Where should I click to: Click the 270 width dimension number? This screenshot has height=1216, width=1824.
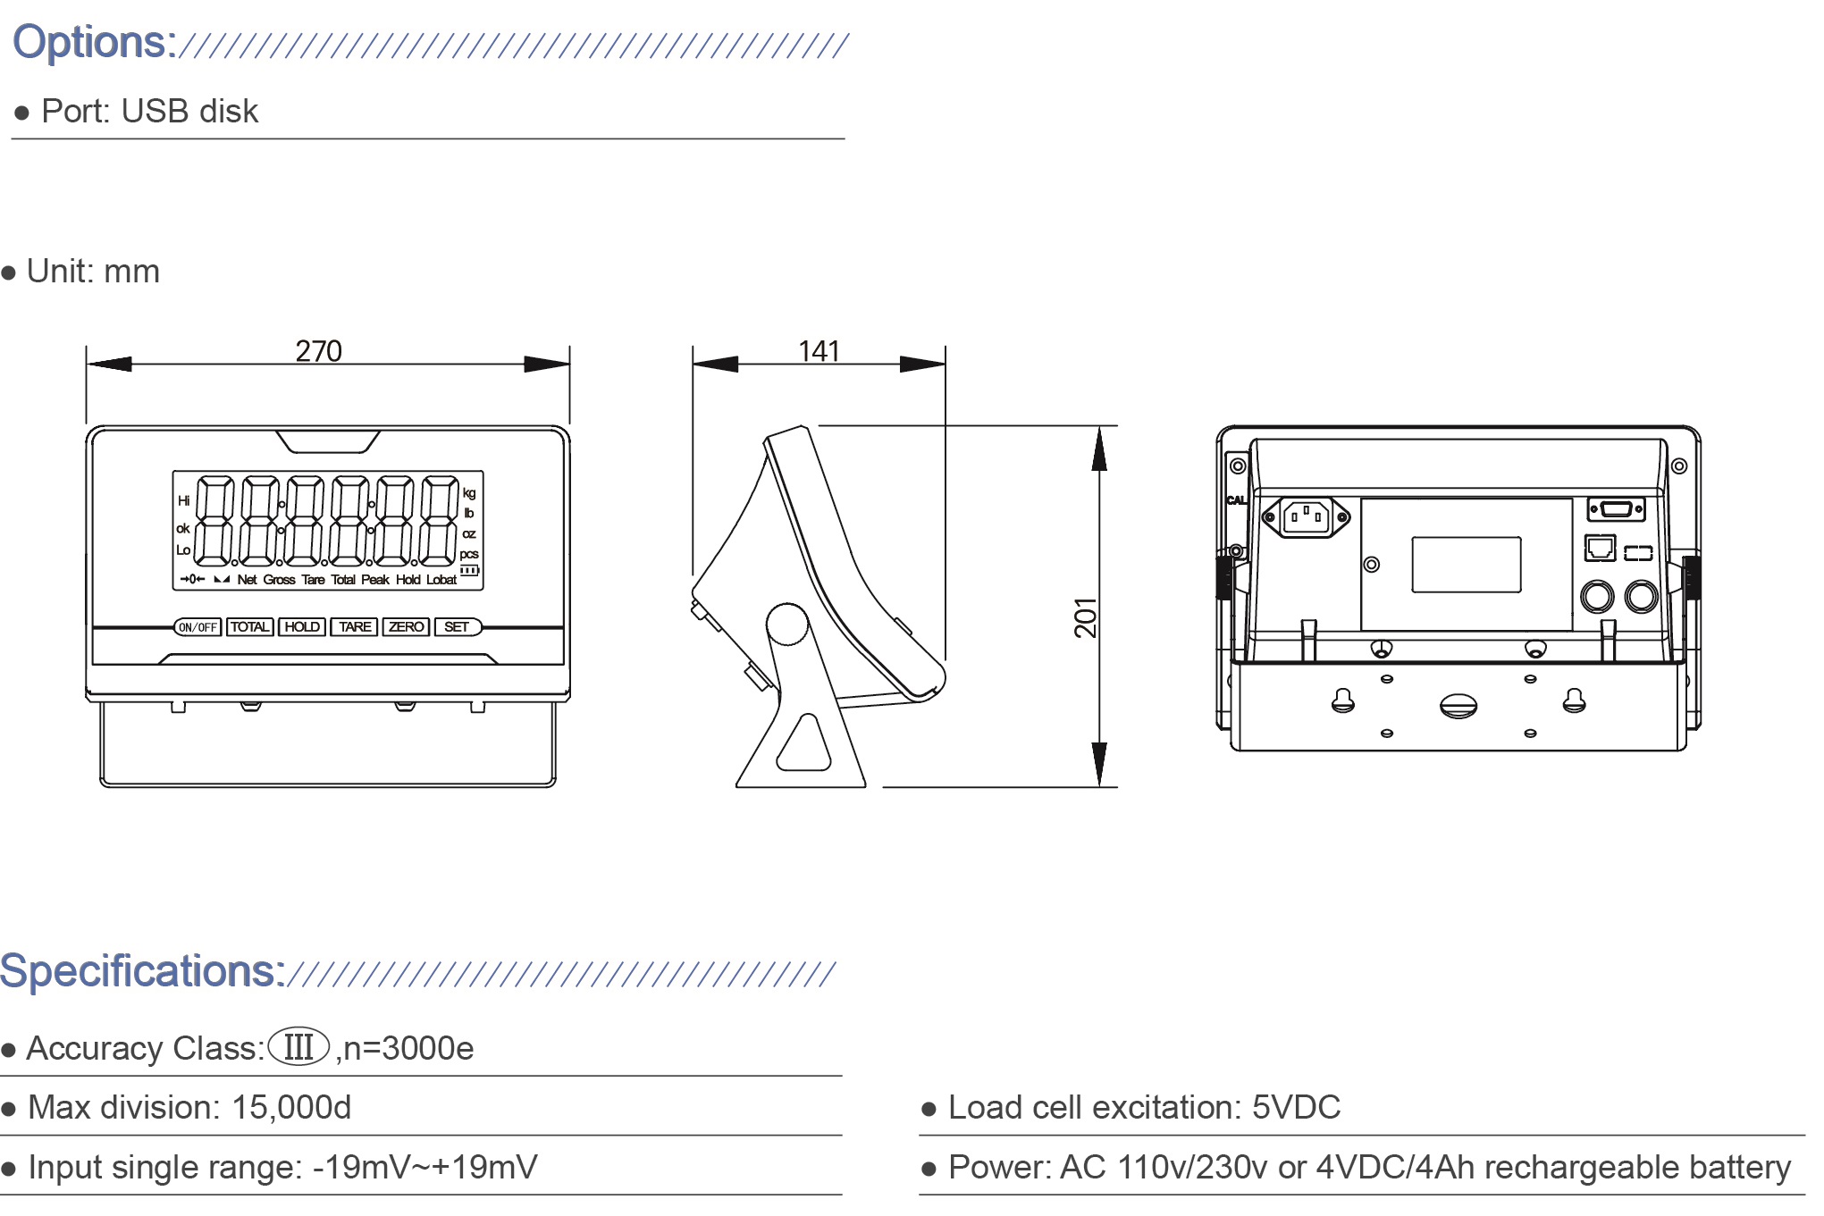point(318,350)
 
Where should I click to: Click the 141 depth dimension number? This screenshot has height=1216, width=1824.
point(819,350)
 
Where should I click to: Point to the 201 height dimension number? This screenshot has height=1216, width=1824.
point(1085,617)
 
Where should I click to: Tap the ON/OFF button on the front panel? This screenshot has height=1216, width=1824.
point(198,627)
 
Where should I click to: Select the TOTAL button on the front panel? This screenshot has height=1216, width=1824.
point(249,627)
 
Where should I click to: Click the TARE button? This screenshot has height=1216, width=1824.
point(355,627)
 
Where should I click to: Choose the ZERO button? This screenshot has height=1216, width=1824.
point(407,627)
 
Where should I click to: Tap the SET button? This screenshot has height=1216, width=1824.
point(457,627)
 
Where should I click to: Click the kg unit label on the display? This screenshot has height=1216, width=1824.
point(469,493)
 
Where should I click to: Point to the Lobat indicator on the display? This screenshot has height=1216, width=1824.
point(441,580)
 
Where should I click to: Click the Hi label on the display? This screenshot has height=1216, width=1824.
point(183,500)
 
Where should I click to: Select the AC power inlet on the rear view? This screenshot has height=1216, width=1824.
point(1306,516)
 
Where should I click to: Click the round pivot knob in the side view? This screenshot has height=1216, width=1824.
point(787,624)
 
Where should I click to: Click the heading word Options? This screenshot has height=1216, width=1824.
point(94,42)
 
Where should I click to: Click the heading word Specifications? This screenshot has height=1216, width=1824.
point(142,970)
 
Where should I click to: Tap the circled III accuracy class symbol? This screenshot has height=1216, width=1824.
point(298,1046)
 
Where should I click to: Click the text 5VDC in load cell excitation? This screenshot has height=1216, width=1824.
point(1296,1107)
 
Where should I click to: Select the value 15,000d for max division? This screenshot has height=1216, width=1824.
point(291,1107)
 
